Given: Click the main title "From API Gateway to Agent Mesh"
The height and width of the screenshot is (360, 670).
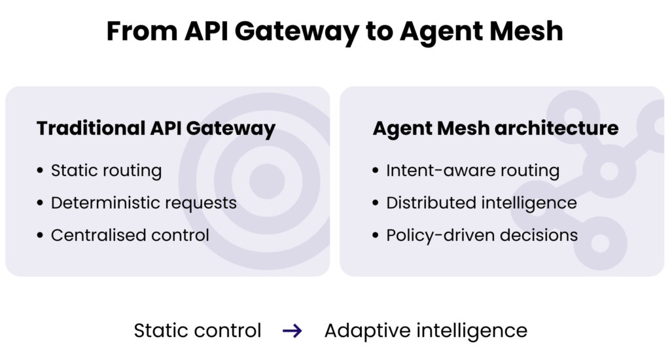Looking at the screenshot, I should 334,31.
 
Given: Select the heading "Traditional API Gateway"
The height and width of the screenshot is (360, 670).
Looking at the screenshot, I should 156,128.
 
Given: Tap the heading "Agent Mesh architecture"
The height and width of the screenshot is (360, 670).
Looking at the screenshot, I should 495,128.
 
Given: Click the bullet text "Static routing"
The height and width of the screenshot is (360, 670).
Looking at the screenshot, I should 106,171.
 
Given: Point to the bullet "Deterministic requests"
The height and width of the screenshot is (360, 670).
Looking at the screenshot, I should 143,203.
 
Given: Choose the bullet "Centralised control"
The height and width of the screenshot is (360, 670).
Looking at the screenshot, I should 130,235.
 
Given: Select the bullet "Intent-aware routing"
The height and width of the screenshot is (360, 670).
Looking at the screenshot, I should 472,171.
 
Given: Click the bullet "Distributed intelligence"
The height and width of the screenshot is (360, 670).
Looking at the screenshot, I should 481,203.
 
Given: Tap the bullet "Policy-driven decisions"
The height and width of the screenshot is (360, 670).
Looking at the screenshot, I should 482,235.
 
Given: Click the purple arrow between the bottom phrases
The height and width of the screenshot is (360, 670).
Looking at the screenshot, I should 292,331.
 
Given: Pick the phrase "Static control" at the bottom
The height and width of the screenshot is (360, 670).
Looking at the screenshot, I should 198,331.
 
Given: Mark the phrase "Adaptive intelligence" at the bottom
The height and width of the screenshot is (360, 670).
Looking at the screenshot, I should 425,331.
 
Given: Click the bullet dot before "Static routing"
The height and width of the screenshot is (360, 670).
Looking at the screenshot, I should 41,171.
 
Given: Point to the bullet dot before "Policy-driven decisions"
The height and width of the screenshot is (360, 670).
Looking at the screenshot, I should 376,236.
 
